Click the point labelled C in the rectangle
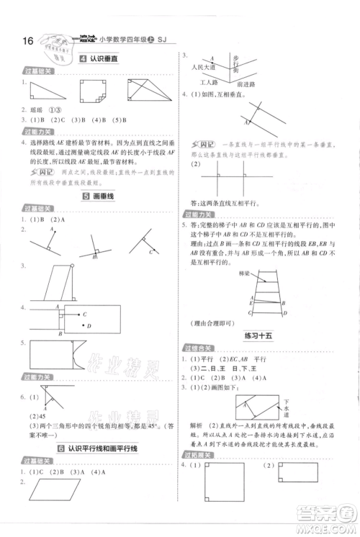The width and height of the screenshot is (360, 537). coord(85,315)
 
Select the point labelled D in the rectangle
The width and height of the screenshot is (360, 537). coord(85,333)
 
